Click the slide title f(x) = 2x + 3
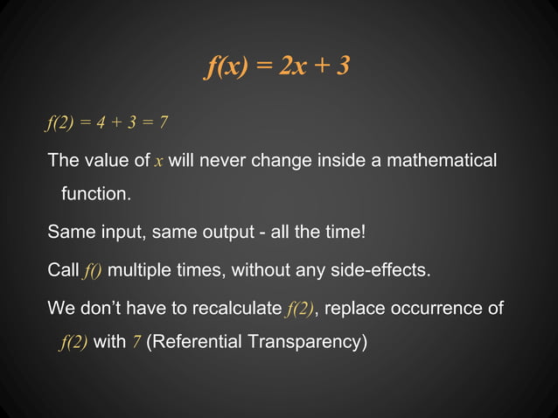coord(278,65)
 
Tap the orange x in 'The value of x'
coord(158,161)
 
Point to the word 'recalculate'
coord(240,309)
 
